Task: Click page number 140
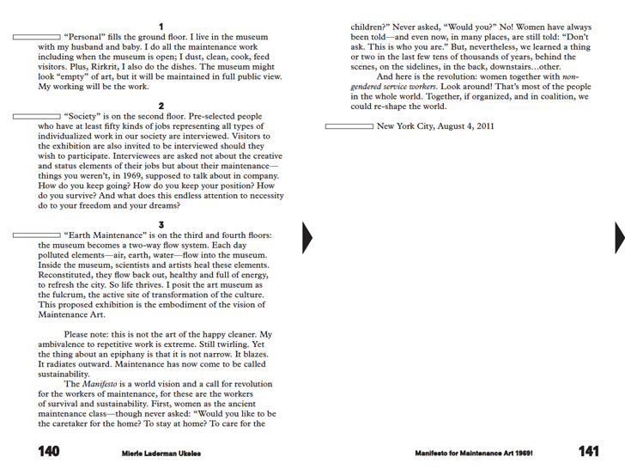coord(49,452)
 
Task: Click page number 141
coord(588,452)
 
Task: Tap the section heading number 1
coord(161,27)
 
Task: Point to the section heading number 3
coord(161,225)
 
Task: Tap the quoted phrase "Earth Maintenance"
coord(106,236)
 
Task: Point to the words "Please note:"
coord(88,334)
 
